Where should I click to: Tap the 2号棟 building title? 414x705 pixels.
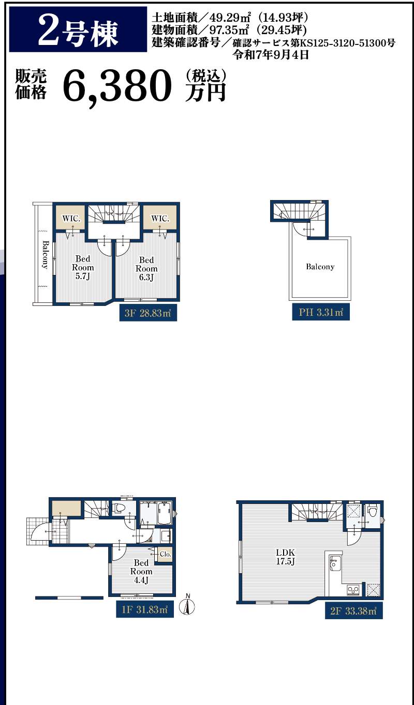(78, 33)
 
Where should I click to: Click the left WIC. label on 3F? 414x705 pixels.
(71, 218)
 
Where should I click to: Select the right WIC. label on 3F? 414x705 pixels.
(160, 218)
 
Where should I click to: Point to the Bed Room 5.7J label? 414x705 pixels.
(83, 268)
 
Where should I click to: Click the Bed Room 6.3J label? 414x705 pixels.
(146, 269)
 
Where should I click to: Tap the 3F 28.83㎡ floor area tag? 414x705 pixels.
(148, 313)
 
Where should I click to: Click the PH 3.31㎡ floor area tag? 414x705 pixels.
(321, 312)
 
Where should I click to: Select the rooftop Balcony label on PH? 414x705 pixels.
(320, 267)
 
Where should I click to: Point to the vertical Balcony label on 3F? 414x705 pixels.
(46, 255)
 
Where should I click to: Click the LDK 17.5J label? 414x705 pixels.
(286, 557)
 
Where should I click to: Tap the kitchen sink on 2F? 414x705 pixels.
(334, 563)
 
